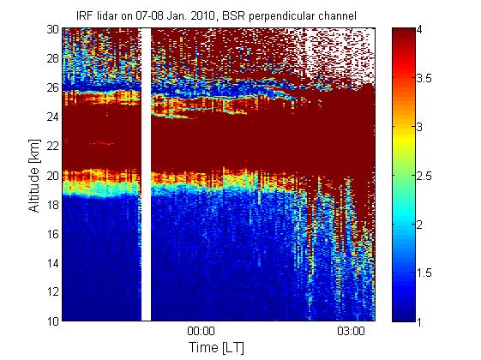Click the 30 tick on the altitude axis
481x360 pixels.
[x=53, y=29]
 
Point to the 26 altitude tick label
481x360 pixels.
[x=53, y=88]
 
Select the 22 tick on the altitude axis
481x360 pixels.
[x=53, y=147]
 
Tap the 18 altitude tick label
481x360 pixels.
[x=53, y=205]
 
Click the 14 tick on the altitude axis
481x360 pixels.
[x=53, y=263]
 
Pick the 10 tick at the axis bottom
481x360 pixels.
[x=53, y=321]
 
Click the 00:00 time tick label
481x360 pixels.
[x=201, y=332]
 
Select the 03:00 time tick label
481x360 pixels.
[x=351, y=332]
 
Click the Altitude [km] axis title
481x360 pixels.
[x=34, y=176]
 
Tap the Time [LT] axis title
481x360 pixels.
[x=217, y=348]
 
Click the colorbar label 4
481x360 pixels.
[x=419, y=30]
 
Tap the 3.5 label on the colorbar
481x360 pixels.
[x=424, y=79]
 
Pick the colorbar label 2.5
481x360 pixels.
[x=424, y=176]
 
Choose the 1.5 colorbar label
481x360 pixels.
[x=424, y=273]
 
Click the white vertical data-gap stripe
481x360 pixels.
[x=146, y=175]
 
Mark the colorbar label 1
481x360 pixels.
[x=419, y=321]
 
